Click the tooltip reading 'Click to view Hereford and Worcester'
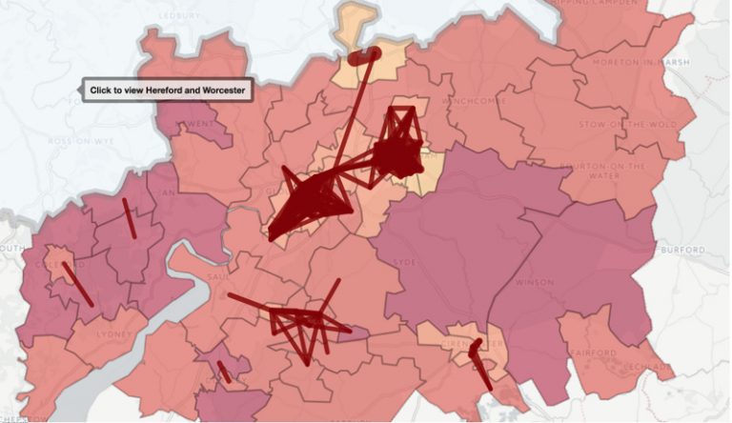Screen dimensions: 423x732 [167, 91]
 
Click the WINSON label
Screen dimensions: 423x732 [534, 283]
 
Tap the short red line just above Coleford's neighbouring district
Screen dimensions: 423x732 [128, 218]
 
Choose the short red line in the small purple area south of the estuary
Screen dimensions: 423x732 [224, 372]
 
